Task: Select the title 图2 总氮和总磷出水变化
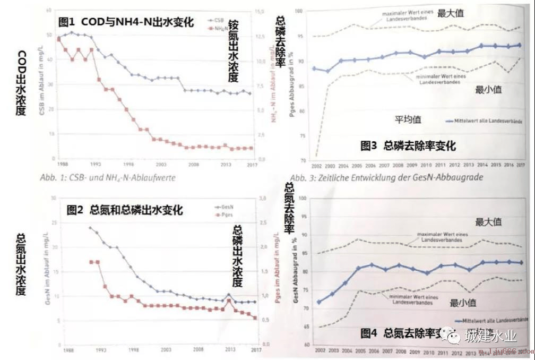[x=125, y=210]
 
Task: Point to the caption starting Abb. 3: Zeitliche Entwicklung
[x=386, y=178]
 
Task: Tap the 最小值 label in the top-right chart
[x=488, y=90]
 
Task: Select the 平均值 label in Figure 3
[x=408, y=119]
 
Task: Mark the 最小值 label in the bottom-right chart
[x=463, y=303]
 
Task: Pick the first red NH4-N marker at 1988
[x=58, y=39]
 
